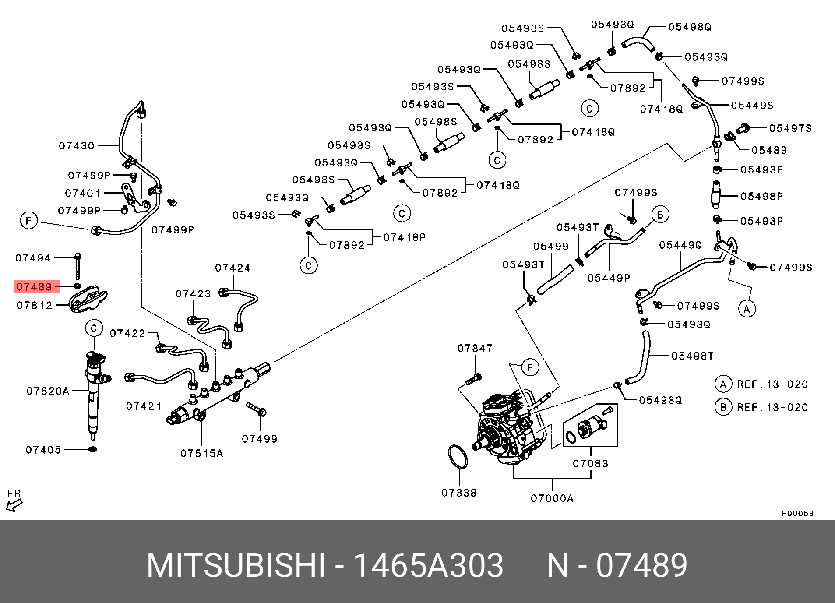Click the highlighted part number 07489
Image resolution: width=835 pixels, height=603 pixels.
pos(34,287)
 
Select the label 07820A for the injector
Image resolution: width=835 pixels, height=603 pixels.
pos(48,391)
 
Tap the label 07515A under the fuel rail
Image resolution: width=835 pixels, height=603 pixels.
pos(201,454)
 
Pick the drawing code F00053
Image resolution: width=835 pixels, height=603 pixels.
pos(797,513)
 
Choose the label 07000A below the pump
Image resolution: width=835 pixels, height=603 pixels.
pos(552,498)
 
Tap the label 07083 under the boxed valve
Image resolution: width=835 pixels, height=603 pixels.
pos(590,463)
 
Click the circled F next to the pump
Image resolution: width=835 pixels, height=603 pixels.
pos(530,367)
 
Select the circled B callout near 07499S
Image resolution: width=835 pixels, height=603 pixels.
pos(660,215)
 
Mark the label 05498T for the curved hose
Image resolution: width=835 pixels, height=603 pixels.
pos(692,356)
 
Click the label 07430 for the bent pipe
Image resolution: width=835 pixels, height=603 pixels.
pos(77,146)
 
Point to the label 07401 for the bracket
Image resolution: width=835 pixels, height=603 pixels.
pos(83,193)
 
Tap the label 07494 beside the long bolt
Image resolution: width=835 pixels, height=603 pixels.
pos(33,258)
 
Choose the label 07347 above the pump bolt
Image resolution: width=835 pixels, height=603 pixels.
pos(475,348)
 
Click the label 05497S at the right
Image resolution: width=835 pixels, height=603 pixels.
pos(790,128)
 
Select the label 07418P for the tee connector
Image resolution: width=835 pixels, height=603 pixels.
pos(404,237)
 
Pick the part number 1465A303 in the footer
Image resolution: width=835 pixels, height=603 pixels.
pos(428,565)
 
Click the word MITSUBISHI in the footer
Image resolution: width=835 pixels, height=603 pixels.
pos(236,565)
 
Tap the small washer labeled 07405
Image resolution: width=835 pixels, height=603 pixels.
pos(92,449)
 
